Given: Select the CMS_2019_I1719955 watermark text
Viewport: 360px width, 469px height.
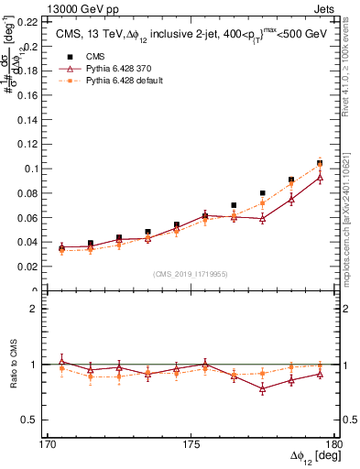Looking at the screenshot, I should [191, 273].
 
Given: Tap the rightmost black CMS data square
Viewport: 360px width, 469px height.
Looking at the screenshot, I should [320, 163].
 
